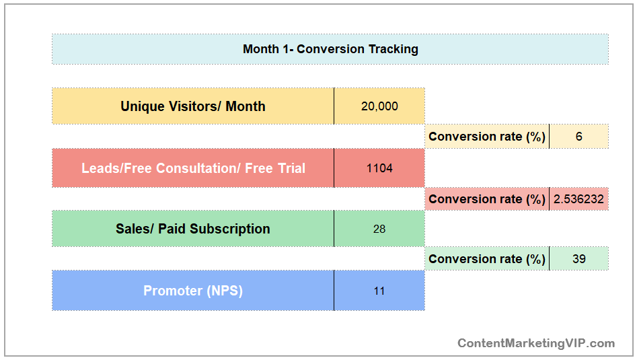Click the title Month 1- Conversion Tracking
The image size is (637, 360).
(x=330, y=49)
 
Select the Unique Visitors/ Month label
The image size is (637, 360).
(x=193, y=106)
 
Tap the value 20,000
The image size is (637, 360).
(x=379, y=106)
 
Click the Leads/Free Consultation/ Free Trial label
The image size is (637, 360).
(x=193, y=168)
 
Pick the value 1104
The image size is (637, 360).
(x=379, y=168)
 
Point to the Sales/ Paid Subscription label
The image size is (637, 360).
(x=193, y=229)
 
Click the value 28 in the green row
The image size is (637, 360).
(x=379, y=229)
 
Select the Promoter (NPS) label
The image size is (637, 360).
(x=193, y=291)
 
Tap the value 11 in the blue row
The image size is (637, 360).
(x=379, y=291)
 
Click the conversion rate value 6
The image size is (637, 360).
(x=579, y=137)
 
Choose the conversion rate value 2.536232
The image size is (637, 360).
(x=578, y=199)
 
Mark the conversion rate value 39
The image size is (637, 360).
(x=579, y=259)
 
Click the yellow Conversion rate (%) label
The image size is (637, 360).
(x=487, y=137)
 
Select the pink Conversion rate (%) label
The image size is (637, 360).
(x=487, y=199)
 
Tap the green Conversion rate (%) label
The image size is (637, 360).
(x=487, y=259)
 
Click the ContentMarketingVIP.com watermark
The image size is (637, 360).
(x=536, y=343)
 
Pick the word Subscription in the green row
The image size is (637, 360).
(x=230, y=229)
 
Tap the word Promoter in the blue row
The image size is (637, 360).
(x=173, y=291)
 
